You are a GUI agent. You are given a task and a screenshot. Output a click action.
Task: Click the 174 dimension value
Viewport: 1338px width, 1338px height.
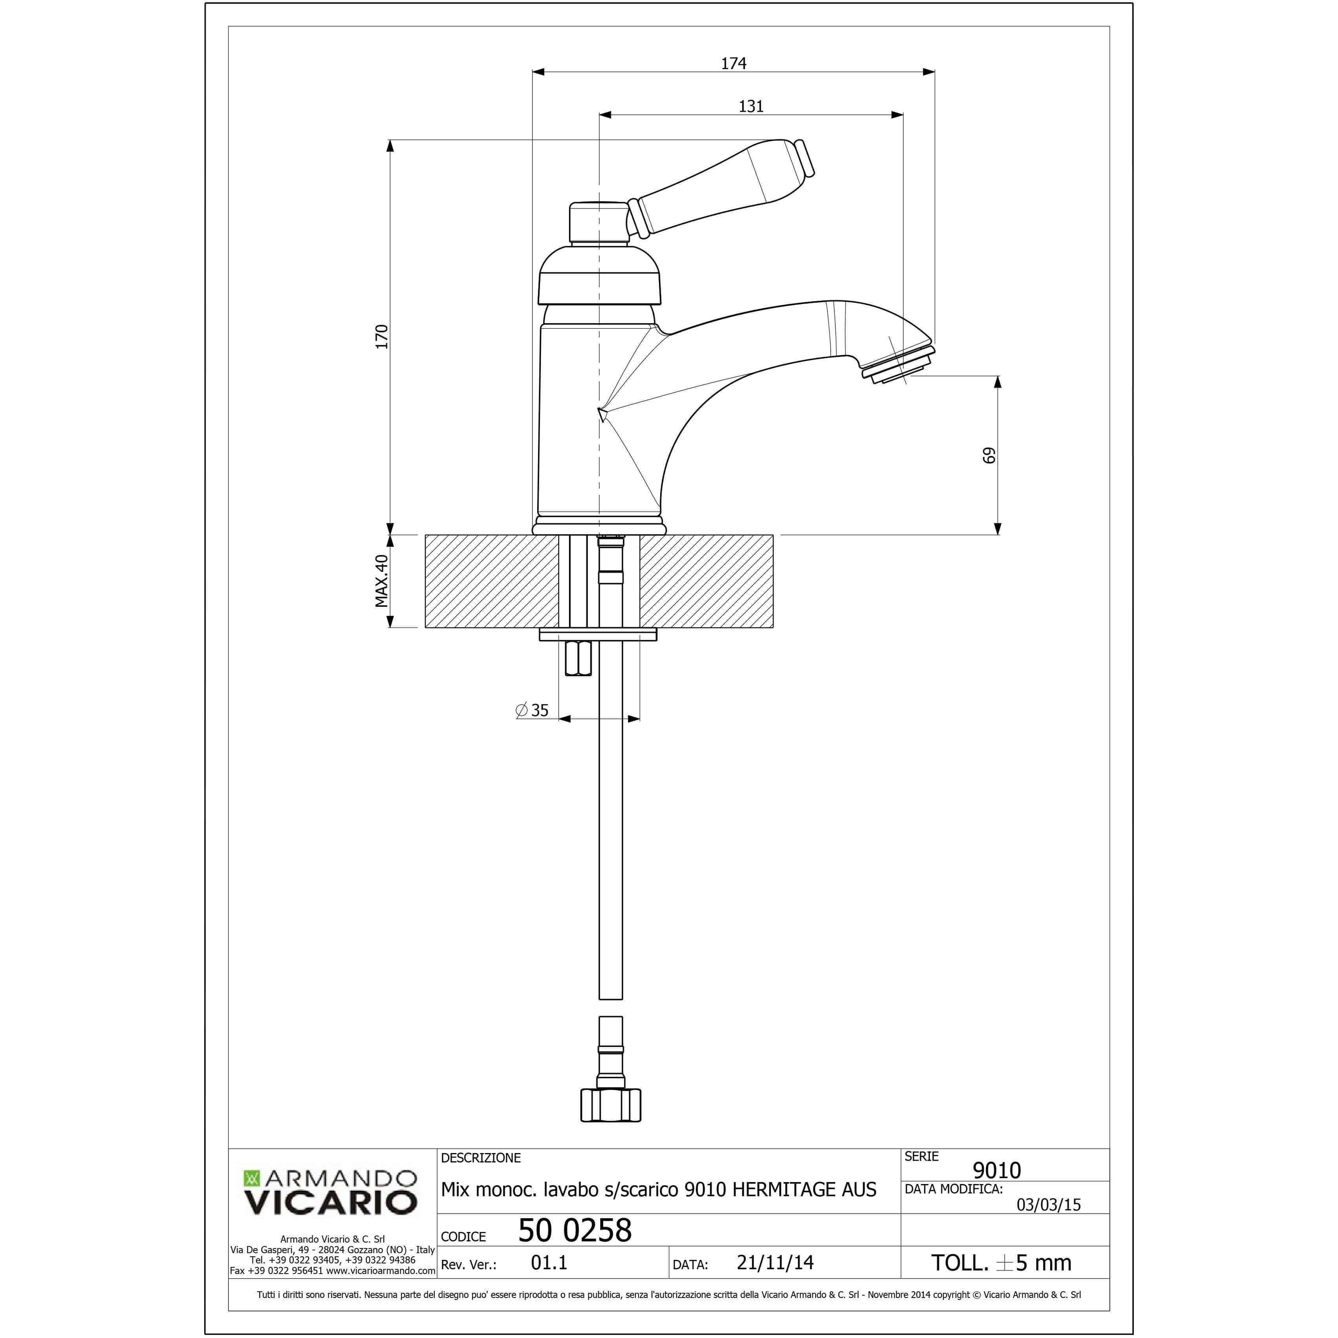(x=734, y=64)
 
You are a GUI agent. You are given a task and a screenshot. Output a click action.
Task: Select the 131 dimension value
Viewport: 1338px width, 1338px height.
(x=751, y=107)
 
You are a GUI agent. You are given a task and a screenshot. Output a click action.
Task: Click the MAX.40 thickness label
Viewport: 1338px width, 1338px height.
(x=382, y=581)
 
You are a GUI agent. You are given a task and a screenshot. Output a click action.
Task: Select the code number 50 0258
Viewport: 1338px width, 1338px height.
(x=575, y=1231)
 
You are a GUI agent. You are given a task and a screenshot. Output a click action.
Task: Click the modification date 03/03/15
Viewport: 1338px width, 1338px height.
(x=1048, y=1204)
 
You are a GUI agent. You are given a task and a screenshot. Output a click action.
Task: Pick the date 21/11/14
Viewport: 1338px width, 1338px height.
(x=775, y=1263)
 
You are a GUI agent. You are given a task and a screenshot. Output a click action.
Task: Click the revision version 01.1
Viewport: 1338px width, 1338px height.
(x=549, y=1263)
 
